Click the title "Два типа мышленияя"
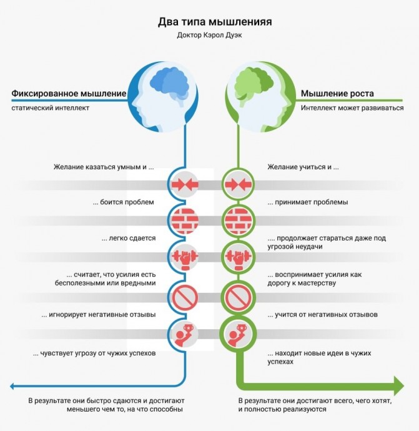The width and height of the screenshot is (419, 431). pyautogui.click(x=215, y=22)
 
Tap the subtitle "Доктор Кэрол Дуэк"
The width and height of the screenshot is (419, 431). pyautogui.click(x=209, y=35)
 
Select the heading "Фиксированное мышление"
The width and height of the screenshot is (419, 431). pyautogui.click(x=69, y=94)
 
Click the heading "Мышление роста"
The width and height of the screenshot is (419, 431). pyautogui.click(x=337, y=94)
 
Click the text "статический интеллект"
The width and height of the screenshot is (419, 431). pyautogui.click(x=51, y=107)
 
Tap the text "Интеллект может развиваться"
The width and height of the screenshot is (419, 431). pyautogui.click(x=352, y=107)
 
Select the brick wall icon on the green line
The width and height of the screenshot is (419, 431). pyautogui.click(x=238, y=220)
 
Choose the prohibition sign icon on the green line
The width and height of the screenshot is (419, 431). pyautogui.click(x=238, y=297)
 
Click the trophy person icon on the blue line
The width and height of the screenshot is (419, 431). pyautogui.click(x=184, y=335)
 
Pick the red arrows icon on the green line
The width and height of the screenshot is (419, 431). pyautogui.click(x=238, y=184)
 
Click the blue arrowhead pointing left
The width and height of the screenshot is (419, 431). pyautogui.click(x=12, y=386)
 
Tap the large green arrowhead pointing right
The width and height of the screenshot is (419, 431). pyautogui.click(x=399, y=386)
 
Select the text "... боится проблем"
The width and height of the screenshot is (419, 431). pyautogui.click(x=124, y=202)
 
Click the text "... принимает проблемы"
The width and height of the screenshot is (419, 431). pyautogui.click(x=308, y=202)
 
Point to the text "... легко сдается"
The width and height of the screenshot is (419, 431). pyautogui.click(x=129, y=239)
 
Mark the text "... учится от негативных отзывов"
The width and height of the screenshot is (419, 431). pyautogui.click(x=323, y=314)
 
